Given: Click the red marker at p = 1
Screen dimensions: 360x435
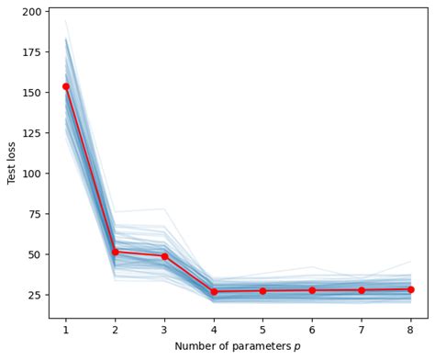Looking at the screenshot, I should (x=66, y=86).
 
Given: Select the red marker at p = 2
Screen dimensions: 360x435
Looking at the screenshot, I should (x=115, y=252).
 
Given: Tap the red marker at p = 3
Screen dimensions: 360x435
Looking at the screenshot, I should (x=164, y=256).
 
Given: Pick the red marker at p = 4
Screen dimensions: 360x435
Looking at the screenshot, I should (x=214, y=292).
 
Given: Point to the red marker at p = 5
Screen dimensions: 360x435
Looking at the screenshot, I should (x=262, y=291).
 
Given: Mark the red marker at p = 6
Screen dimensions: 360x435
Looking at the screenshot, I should (x=312, y=290).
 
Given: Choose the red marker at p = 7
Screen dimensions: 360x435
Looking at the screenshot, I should (x=361, y=290).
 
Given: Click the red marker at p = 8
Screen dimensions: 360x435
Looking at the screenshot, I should (x=410, y=289).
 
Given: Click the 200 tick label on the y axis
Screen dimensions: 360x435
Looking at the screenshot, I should (x=32, y=12).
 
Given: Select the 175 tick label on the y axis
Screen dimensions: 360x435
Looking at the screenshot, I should (x=32, y=52).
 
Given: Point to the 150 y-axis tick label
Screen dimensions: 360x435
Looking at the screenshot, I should (x=32, y=93).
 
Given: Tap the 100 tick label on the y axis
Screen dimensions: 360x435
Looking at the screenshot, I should (x=32, y=174).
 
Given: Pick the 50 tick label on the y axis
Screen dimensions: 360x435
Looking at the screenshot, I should (x=35, y=254).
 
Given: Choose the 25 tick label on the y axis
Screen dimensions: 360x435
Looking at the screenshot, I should (x=35, y=295).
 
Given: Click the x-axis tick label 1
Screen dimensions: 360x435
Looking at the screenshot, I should (x=66, y=329).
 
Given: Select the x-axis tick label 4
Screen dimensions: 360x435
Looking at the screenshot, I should (x=214, y=329).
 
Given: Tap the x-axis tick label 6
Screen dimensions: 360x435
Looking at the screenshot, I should (x=312, y=329).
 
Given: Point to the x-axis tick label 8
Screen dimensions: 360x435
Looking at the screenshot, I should (x=410, y=329).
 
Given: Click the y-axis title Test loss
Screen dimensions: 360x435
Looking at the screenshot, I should (x=12, y=163).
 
